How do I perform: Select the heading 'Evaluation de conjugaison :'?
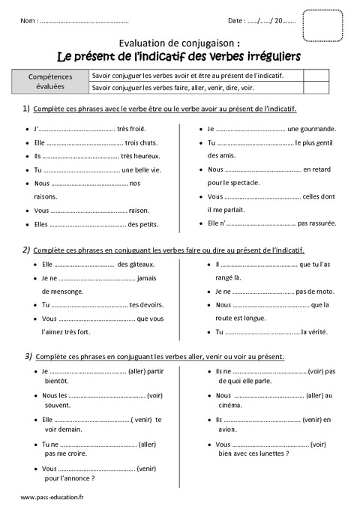tap(180, 43)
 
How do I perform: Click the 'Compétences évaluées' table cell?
tap(50, 81)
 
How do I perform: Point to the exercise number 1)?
tap(25, 109)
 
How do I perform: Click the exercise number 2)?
tap(25, 250)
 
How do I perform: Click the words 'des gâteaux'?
tap(136, 264)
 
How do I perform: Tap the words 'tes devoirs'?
tap(146, 304)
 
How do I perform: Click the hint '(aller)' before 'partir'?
tap(141, 371)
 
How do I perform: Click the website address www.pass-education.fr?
tap(52, 498)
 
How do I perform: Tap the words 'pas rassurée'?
tap(316, 223)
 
